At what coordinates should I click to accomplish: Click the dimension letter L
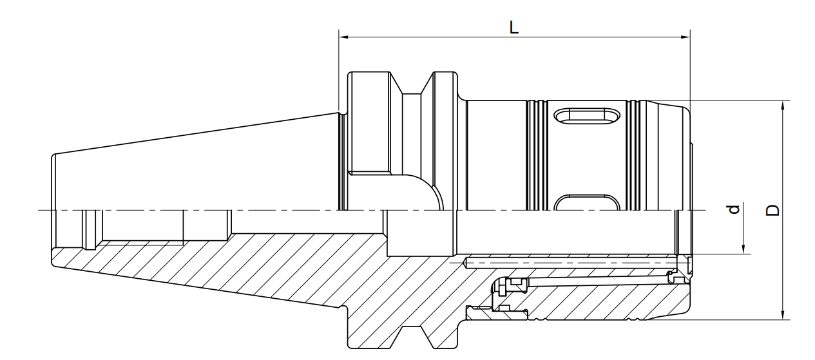pos(514,28)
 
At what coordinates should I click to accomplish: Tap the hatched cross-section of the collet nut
pos(612,303)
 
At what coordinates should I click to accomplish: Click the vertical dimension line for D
pos(783,161)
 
